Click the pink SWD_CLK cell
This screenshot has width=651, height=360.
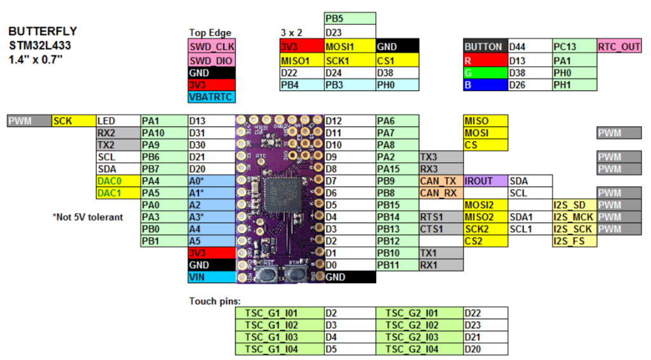212,46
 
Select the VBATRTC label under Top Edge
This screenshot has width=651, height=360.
212,97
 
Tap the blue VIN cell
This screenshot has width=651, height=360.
212,277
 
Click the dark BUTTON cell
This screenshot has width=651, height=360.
486,46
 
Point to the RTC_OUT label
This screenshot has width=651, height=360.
619,46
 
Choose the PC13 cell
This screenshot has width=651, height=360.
574,46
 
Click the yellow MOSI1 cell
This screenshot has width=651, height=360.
349,46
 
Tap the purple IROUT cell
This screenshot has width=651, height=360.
486,181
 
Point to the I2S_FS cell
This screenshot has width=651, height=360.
574,241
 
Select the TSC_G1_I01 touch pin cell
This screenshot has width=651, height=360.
279,313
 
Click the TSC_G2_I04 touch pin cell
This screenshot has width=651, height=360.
419,349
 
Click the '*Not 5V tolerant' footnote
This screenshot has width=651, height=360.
88,217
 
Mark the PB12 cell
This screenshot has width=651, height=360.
397,241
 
